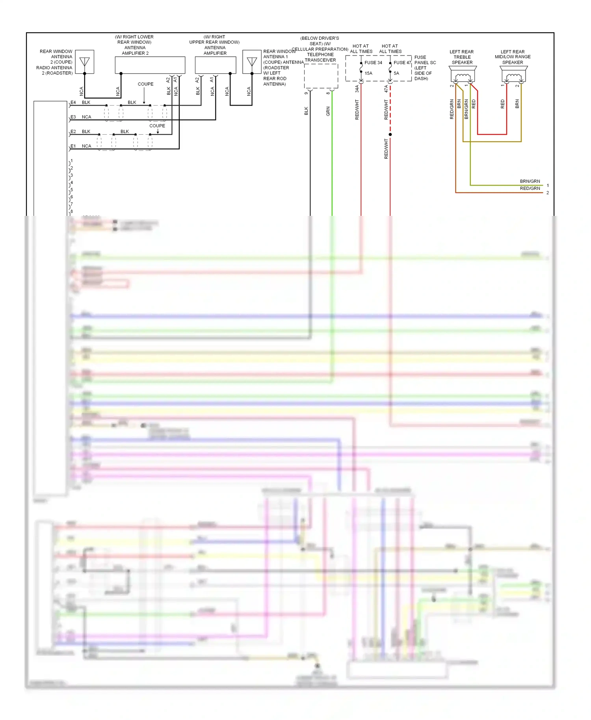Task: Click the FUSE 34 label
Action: coord(373,63)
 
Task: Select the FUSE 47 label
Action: coord(402,63)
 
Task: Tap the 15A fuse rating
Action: coord(368,73)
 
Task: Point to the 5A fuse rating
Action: coord(396,73)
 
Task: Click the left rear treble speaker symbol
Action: coord(463,74)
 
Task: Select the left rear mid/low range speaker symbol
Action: coord(513,74)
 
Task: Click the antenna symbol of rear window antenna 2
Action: coord(85,62)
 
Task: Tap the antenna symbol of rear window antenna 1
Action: coord(252,62)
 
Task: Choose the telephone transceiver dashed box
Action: coord(321,76)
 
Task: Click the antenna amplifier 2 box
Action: coord(150,65)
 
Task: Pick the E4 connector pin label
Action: coord(73,102)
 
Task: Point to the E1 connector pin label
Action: coord(73,146)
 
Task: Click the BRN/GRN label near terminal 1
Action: coord(530,182)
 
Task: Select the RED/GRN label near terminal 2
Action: coord(530,189)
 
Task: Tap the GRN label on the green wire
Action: coord(328,111)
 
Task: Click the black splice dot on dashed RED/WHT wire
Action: coord(390,135)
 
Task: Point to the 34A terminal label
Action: coord(357,89)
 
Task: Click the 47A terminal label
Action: coord(386,89)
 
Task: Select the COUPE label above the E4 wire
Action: coord(145,84)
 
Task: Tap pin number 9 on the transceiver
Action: coord(306,93)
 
